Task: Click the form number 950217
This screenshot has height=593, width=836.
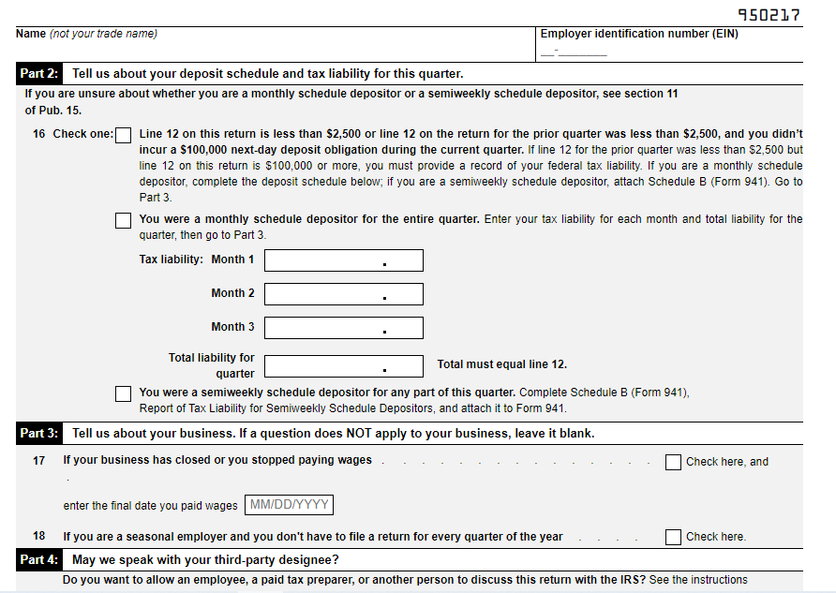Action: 769,15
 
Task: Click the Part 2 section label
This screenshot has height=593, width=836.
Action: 39,74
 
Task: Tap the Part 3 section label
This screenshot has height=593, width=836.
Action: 39,434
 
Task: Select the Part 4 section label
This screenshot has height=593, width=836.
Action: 39,560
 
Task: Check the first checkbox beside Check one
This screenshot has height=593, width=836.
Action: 123,135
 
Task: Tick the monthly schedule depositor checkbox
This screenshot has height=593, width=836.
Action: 123,221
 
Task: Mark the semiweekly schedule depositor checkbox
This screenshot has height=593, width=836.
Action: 123,393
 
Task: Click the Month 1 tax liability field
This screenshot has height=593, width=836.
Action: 343,260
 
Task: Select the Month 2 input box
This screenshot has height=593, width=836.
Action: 343,294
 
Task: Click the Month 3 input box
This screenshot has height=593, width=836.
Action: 343,328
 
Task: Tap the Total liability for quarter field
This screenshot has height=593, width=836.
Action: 343,365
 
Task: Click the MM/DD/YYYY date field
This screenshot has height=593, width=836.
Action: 289,506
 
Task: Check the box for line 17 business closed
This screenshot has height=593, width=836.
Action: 673,462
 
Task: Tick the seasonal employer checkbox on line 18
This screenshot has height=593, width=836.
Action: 673,537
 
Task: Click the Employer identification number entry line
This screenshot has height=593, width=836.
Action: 574,52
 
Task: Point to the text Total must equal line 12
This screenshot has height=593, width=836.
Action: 501,364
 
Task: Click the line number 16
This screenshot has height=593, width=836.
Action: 38,134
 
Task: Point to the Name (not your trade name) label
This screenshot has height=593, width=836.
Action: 86,34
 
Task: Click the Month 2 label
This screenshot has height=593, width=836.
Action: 232,293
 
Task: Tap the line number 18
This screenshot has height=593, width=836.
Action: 38,537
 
